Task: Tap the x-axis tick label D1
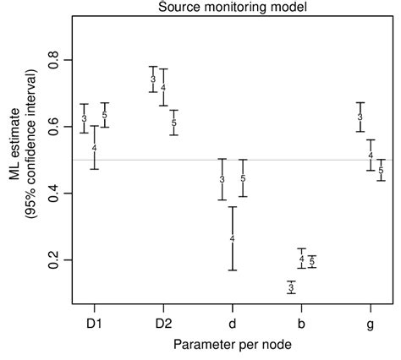coord(94,323)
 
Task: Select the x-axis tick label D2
coord(163,323)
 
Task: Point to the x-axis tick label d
coord(233,323)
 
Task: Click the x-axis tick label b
coord(302,323)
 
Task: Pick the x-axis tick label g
coord(371,323)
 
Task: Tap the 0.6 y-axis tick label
coord(53,127)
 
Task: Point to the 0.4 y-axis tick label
coord(53,194)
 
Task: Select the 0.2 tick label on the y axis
coord(53,260)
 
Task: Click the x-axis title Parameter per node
coord(233,346)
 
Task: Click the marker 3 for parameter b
coord(291,288)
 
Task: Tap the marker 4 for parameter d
coord(233,239)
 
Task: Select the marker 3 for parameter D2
coord(153,79)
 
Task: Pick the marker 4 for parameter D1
coord(94,148)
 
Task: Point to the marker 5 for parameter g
coord(381,170)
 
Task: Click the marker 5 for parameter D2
coord(173,123)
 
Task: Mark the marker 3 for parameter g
coord(360,117)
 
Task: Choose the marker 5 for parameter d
coord(243,178)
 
